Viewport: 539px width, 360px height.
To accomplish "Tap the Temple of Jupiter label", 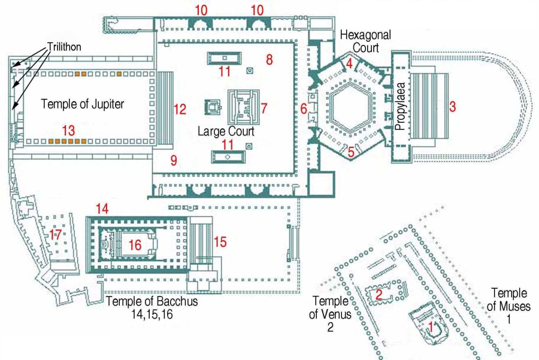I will [82, 104].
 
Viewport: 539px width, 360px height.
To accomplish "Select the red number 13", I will [68, 129].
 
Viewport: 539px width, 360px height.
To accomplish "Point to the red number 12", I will [180, 109].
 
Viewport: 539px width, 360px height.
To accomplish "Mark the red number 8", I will [269, 59].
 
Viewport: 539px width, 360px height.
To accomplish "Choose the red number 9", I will [174, 160].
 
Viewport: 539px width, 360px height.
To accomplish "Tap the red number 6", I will [304, 108].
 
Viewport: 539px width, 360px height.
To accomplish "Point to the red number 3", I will [453, 107].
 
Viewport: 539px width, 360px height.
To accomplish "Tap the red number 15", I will [220, 242].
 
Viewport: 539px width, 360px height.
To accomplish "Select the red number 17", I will [56, 235].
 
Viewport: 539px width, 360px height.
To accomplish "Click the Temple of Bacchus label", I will [152, 307].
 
